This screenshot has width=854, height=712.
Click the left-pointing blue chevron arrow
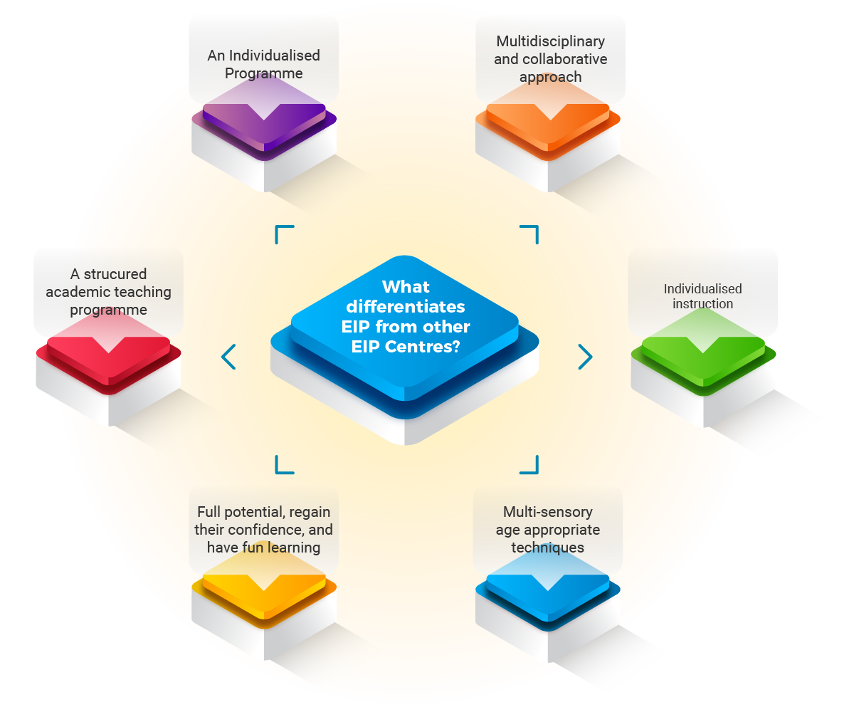click(228, 357)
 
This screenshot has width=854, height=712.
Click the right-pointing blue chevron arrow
click(585, 357)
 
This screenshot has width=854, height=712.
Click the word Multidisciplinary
click(550, 42)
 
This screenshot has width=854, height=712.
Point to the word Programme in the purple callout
click(264, 73)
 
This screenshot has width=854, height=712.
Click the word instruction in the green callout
click(702, 304)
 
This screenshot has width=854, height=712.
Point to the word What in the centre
click(406, 287)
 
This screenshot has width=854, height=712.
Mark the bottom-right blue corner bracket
click(529, 465)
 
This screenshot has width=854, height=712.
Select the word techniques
click(547, 548)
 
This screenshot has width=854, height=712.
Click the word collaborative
click(550, 59)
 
